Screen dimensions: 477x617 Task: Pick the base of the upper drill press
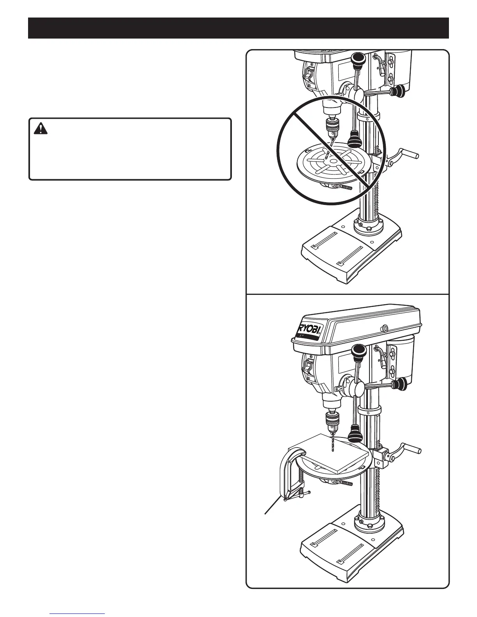[351, 253]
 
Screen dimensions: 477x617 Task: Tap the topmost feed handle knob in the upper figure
[357, 60]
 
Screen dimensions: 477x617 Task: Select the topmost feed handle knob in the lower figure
[357, 353]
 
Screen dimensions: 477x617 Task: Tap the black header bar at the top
[238, 28]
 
